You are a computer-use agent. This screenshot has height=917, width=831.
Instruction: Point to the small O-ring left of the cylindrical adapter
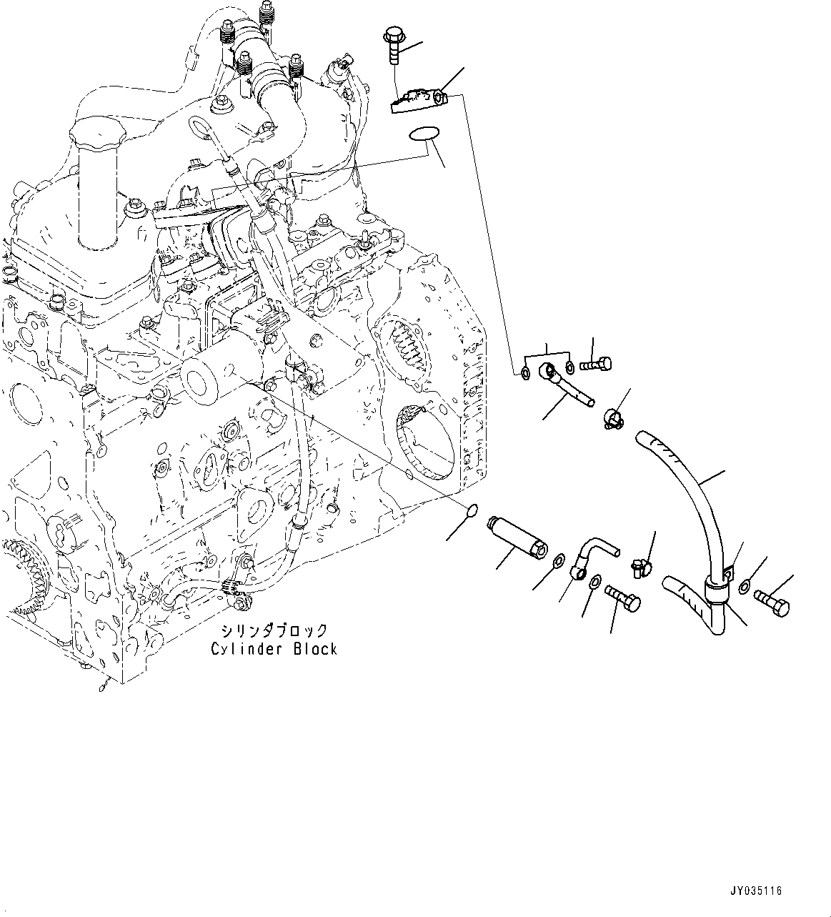click(x=472, y=510)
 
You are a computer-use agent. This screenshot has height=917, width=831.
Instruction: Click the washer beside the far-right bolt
click(x=745, y=587)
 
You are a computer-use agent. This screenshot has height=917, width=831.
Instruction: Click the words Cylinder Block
click(x=274, y=648)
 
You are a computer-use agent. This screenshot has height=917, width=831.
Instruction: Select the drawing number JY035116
click(x=756, y=891)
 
